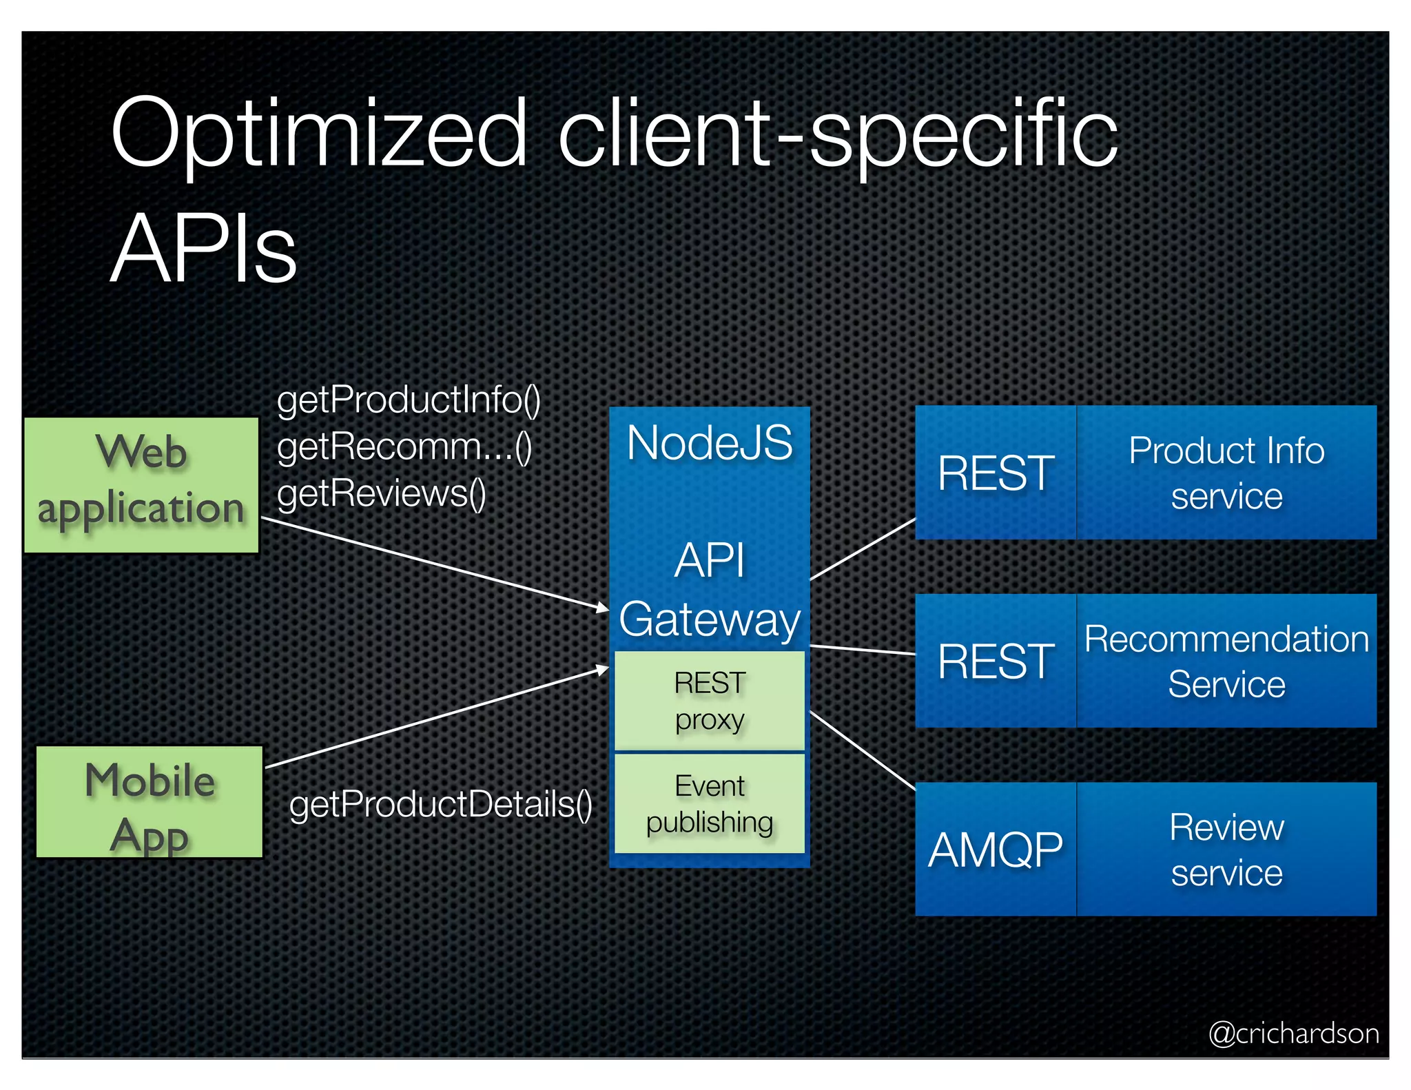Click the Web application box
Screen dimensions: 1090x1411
pyautogui.click(x=141, y=484)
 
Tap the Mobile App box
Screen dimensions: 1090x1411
pyautogui.click(x=150, y=802)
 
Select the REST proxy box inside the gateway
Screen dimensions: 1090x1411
pyautogui.click(x=710, y=701)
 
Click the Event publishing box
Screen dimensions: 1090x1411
pyautogui.click(x=710, y=803)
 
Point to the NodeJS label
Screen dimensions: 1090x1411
pyautogui.click(x=710, y=443)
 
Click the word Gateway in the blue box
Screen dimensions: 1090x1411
pyautogui.click(x=710, y=619)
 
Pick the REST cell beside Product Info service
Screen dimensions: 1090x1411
pyautogui.click(x=996, y=473)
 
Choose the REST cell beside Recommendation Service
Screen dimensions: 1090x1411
pyautogui.click(x=996, y=661)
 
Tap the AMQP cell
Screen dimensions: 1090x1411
pyautogui.click(x=996, y=850)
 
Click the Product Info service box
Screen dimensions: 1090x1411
pyautogui.click(x=1226, y=473)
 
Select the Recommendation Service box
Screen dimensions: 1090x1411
pyautogui.click(x=1226, y=661)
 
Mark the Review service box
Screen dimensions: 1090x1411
pyautogui.click(x=1226, y=850)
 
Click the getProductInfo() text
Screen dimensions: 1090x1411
pyautogui.click(x=409, y=400)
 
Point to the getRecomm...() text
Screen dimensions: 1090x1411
pyautogui.click(x=404, y=447)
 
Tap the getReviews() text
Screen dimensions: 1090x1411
pyautogui.click(x=381, y=494)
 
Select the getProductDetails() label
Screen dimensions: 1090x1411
pyautogui.click(x=441, y=804)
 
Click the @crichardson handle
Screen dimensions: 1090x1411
pyautogui.click(x=1293, y=1034)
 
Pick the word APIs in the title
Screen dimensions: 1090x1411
pyautogui.click(x=204, y=248)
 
